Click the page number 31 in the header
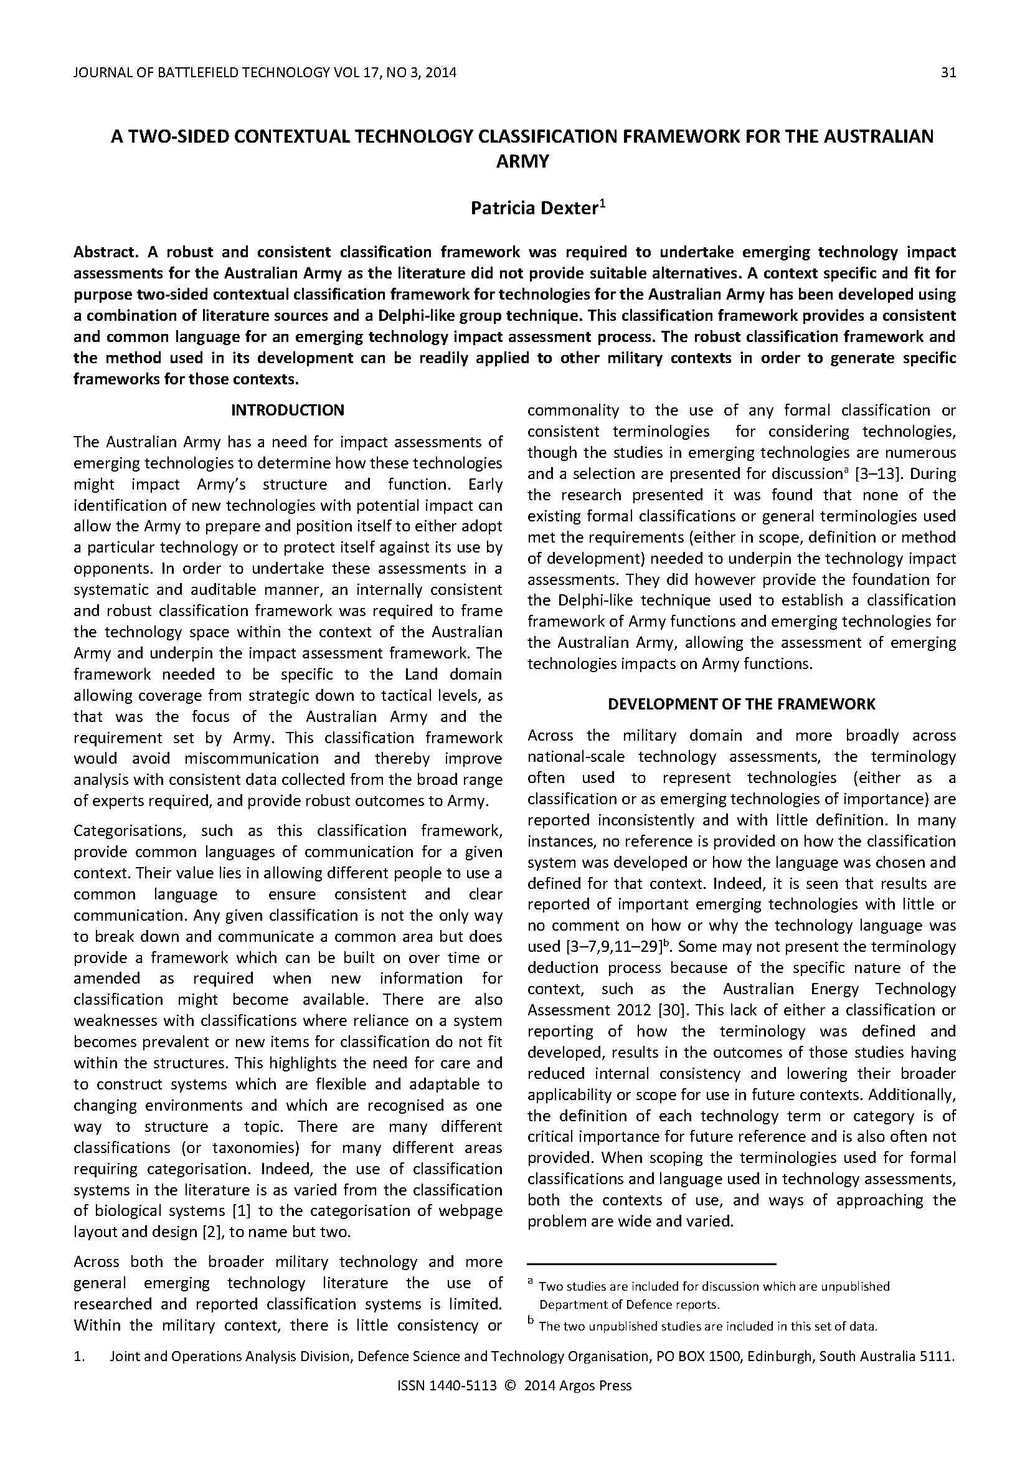pyautogui.click(x=948, y=72)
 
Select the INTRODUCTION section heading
pyautogui.click(x=287, y=410)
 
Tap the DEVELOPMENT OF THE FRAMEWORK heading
pyautogui.click(x=742, y=704)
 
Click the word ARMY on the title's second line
pyautogui.click(x=522, y=161)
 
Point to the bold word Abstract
pyautogui.click(x=105, y=252)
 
